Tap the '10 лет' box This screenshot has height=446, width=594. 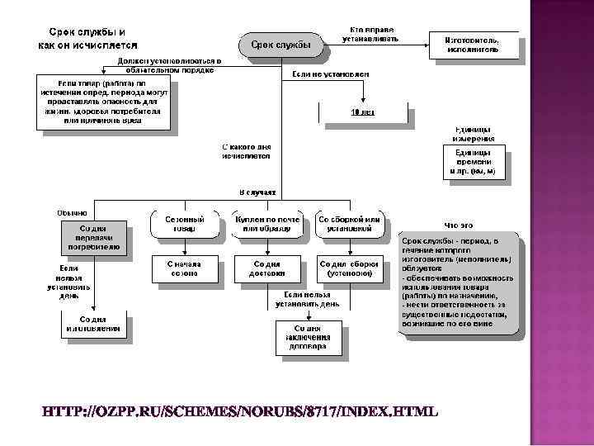tap(363, 112)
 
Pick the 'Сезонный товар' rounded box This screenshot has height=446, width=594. tap(184, 224)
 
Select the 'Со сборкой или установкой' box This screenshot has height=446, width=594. tap(349, 224)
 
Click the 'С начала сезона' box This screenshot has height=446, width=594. tap(184, 268)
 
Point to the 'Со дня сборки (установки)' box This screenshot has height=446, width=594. tap(349, 268)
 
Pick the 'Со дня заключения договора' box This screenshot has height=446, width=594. tap(309, 336)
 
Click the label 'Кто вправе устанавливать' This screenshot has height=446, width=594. tap(374, 34)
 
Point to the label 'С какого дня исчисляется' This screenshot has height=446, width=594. tap(246, 150)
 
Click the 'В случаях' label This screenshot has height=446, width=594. tap(257, 192)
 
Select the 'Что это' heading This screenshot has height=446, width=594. tap(459, 224)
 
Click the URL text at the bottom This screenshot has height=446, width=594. tap(240, 411)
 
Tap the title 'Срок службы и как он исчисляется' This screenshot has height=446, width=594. tap(88, 38)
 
